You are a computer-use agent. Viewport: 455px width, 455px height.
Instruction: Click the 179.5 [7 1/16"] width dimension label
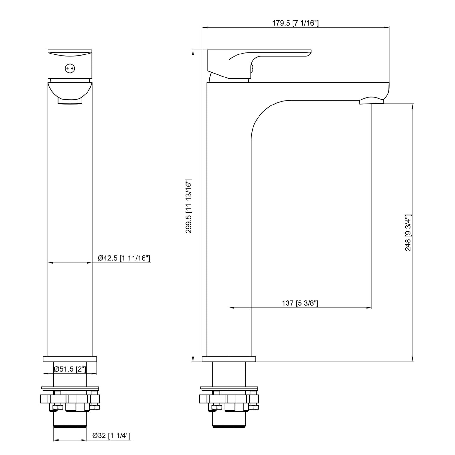click(x=295, y=23)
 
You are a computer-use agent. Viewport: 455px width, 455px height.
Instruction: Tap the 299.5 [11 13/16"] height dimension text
click(x=188, y=206)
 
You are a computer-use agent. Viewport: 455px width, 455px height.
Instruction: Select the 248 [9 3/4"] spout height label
click(x=408, y=233)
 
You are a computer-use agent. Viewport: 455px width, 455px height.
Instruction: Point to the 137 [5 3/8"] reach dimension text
click(x=300, y=303)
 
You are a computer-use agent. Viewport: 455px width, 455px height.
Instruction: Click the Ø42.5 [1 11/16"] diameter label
click(x=124, y=258)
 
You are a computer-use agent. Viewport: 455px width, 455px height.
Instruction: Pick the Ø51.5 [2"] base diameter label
click(x=70, y=369)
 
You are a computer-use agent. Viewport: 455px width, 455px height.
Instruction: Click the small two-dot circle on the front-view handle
click(x=70, y=69)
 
